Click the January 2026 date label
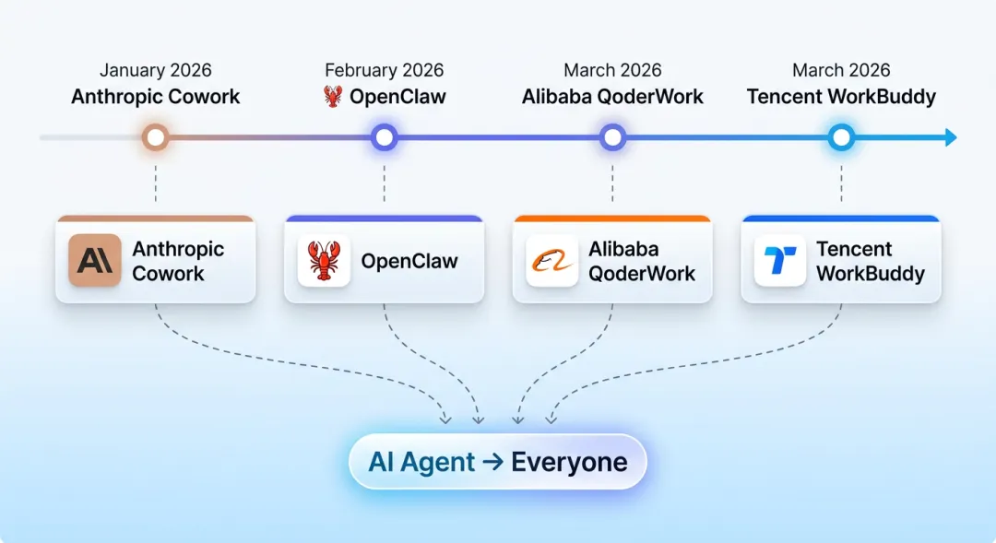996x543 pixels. [156, 71]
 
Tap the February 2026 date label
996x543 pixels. [384, 71]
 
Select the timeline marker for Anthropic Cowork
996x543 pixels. [156, 138]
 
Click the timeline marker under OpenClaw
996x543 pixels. [384, 138]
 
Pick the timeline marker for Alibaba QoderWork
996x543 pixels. [612, 138]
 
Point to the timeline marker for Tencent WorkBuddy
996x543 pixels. [840, 138]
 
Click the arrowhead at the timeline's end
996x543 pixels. [951, 138]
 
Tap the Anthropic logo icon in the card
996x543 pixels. [95, 261]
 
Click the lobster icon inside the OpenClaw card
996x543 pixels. [324, 261]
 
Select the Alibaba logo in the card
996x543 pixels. [552, 261]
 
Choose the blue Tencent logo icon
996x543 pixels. [780, 261]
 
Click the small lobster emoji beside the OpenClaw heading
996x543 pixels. [333, 96]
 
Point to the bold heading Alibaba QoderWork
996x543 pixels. [612, 97]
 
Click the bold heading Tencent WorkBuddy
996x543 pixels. [841, 97]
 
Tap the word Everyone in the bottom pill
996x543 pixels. [569, 462]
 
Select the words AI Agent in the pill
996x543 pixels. [421, 462]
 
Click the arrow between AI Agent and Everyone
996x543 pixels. [492, 462]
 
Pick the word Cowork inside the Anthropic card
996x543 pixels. [168, 274]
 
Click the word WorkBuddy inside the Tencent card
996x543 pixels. [870, 274]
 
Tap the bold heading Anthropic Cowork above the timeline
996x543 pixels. [156, 97]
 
